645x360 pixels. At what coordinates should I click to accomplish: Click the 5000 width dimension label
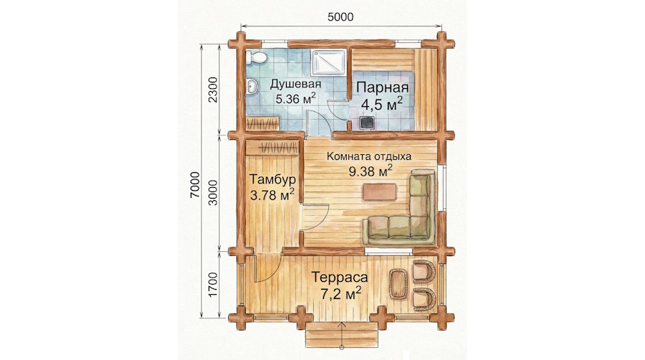[340, 17]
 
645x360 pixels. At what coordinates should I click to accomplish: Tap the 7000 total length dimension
[195, 185]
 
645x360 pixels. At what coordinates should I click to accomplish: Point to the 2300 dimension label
[213, 90]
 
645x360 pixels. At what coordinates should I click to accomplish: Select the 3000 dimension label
[213, 192]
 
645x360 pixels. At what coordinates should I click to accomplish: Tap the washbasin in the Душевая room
[252, 86]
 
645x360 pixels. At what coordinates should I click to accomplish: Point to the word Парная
[383, 87]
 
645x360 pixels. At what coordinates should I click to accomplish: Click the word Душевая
[295, 85]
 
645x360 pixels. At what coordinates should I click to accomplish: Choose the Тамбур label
[273, 180]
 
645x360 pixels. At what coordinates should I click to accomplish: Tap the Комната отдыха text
[369, 156]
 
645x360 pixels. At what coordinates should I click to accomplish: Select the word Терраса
[340, 277]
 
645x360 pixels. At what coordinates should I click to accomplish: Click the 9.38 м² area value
[371, 171]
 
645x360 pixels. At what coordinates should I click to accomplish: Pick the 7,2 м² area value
[340, 294]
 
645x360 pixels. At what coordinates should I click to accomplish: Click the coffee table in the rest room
[380, 192]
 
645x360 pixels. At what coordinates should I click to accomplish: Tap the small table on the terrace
[398, 284]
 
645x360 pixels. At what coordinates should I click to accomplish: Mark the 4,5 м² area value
[381, 105]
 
